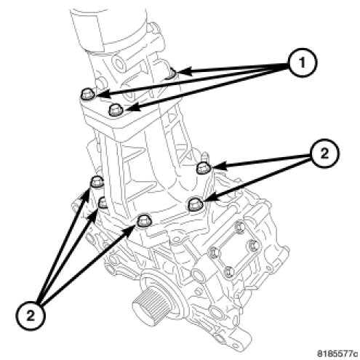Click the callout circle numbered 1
[x=302, y=63]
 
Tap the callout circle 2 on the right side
[x=324, y=153]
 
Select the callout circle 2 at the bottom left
[x=31, y=316]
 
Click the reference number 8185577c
[x=337, y=353]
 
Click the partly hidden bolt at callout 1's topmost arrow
[x=172, y=73]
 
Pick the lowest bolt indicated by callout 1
[x=116, y=110]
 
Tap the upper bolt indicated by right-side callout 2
[x=202, y=168]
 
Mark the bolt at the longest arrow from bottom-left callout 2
[x=144, y=221]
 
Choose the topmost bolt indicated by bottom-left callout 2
[x=97, y=182]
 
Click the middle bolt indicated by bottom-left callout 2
[x=103, y=203]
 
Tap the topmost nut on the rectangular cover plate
[x=239, y=227]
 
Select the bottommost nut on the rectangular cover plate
[x=229, y=271]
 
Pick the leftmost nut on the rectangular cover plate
[x=215, y=252]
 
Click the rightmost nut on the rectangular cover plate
[x=253, y=246]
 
